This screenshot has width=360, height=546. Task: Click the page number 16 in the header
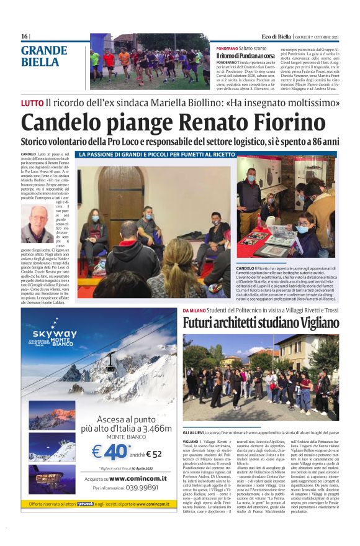[24, 37]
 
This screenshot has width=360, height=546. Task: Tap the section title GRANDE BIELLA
[43, 56]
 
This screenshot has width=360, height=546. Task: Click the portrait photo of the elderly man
[37, 224]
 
